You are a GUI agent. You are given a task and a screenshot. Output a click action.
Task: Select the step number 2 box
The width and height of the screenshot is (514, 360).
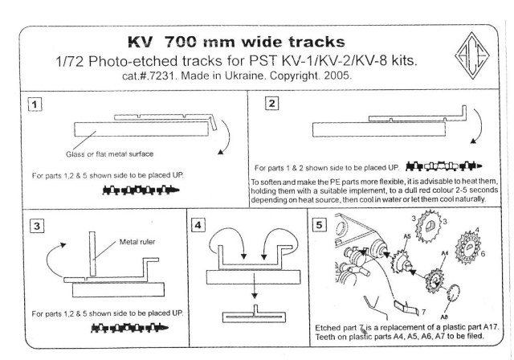pos(271,104)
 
